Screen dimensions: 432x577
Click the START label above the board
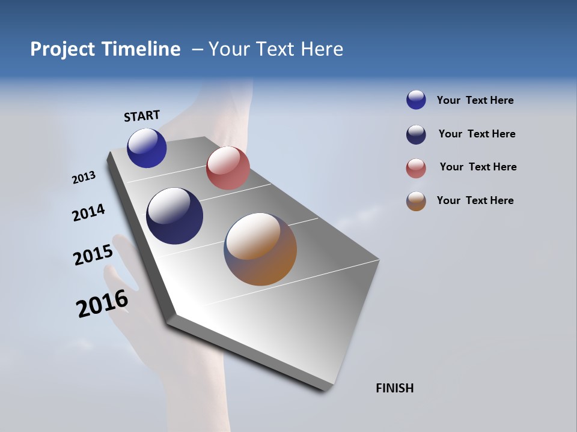[142, 116]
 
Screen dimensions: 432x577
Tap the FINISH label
[394, 388]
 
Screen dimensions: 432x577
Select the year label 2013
[84, 178]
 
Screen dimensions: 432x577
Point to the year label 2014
[88, 213]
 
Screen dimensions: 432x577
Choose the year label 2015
[93, 254]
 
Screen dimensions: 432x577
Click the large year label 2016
[102, 304]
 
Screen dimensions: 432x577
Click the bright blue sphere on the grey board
[147, 148]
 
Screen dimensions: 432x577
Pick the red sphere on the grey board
[228, 167]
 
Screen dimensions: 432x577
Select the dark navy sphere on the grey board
[175, 216]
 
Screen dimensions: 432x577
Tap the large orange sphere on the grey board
[260, 249]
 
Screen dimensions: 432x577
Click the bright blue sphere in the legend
[416, 100]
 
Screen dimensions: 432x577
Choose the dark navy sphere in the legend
[416, 134]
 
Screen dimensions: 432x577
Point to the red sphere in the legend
[416, 169]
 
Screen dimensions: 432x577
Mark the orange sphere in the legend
[416, 202]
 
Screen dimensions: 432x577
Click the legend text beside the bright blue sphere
[475, 101]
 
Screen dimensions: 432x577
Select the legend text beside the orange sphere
[475, 200]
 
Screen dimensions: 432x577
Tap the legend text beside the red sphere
[478, 167]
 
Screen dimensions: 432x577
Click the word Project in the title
[63, 49]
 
